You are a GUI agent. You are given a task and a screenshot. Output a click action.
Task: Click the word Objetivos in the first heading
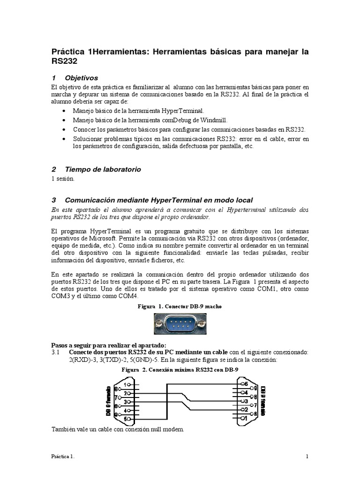[81, 78]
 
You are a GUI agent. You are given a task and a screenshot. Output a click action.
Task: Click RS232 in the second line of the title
[64, 60]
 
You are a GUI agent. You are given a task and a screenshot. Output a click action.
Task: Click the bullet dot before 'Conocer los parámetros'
[64, 129]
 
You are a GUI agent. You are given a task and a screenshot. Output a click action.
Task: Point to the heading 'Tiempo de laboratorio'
[103, 169]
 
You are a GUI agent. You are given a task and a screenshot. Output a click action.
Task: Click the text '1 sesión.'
[63, 179]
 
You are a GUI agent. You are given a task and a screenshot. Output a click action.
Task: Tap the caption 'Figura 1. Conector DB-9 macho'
[179, 306]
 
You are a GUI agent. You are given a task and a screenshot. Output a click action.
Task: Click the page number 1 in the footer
[306, 456]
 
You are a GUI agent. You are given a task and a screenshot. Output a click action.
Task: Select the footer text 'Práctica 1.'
[63, 456]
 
